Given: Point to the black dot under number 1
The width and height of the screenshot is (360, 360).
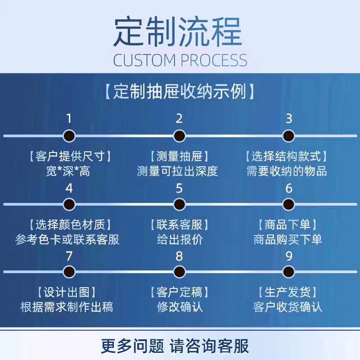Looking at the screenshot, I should (x=69, y=136).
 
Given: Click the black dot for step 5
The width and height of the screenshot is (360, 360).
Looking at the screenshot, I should (x=179, y=204).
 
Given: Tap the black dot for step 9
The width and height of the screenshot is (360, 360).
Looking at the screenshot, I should (x=289, y=271).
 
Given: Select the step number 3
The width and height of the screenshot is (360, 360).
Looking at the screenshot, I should (x=289, y=119).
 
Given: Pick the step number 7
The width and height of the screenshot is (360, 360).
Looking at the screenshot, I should (x=69, y=256).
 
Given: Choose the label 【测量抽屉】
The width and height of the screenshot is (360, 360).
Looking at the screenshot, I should (x=179, y=157).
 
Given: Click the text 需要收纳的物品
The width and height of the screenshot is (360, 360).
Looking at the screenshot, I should (x=287, y=171).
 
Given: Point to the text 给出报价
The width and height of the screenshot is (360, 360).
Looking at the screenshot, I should (x=179, y=239).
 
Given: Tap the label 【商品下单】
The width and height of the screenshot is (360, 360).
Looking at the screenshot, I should (x=288, y=225).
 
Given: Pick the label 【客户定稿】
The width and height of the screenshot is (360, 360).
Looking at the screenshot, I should (x=179, y=292).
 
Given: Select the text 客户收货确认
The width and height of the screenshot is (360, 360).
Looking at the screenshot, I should (x=288, y=307).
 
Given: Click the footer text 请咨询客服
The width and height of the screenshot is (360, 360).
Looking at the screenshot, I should (x=209, y=346).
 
